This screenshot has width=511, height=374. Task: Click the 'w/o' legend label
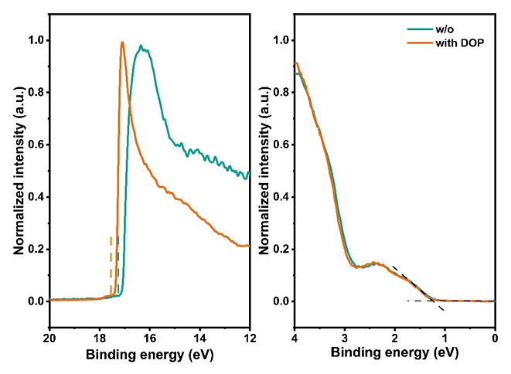coord(445,29)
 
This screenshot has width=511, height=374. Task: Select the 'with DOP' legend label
coord(460,43)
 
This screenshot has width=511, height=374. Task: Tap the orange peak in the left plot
coord(122,42)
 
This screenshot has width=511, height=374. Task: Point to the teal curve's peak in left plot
coord(141,46)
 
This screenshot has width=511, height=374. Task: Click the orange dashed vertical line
coord(111,265)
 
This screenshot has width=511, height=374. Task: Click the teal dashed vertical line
coord(118,263)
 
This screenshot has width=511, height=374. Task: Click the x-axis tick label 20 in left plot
coord(49,338)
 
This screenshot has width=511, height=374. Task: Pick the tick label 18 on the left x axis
coord(100,338)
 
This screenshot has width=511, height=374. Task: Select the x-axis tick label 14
coord(199,338)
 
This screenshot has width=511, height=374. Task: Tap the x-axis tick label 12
coord(250,338)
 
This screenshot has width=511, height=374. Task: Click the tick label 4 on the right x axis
coord(295,338)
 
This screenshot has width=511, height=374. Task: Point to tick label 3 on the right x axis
coord(345,338)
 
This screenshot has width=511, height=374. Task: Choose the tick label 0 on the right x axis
coord(495,338)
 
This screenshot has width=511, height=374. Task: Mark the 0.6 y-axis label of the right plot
coord(281,144)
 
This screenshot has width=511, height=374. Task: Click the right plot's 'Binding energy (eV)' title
coord(395,353)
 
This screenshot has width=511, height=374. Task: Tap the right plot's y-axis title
coord(264,171)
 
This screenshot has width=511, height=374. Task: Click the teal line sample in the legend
coord(420,29)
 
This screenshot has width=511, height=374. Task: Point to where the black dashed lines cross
coord(433,301)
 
